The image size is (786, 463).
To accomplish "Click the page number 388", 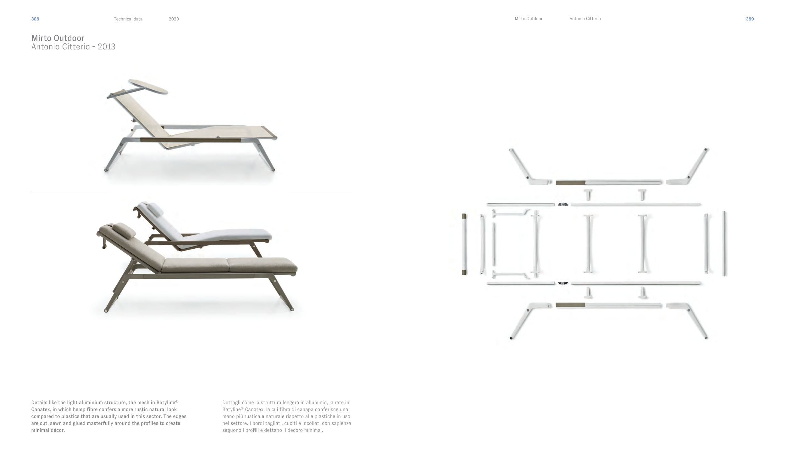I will tap(35, 19).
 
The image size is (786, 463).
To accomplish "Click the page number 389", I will tap(750, 19).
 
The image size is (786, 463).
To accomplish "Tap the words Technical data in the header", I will tap(128, 19).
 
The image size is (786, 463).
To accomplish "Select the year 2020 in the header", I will tap(174, 19).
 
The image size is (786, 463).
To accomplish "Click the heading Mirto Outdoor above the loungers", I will tap(58, 38).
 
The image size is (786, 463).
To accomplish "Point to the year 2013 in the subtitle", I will tap(107, 47).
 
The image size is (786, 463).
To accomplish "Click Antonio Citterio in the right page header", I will tap(585, 19).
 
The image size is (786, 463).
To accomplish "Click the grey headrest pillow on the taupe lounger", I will tap(124, 230).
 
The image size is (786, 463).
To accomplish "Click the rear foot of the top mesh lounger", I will tap(106, 170).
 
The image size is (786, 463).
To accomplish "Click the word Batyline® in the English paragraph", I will tap(167, 403).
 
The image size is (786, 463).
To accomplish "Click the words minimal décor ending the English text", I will tap(48, 430).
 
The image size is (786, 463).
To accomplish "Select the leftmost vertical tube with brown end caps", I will tap(464, 244).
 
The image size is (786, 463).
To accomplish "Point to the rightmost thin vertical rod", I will tap(724, 244).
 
